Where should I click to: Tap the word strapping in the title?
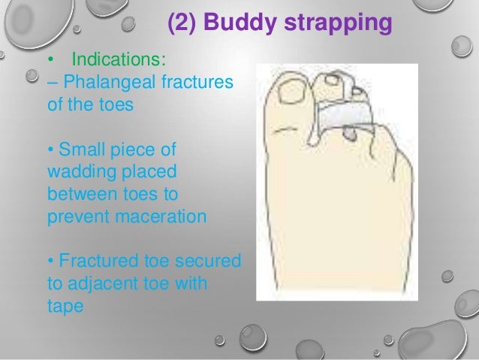point(336,25)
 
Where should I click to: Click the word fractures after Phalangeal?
point(199,82)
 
